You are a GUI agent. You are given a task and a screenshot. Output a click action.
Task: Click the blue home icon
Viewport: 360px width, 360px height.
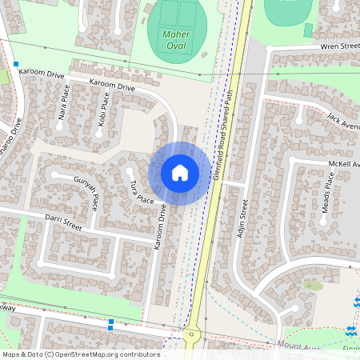pos(180,173)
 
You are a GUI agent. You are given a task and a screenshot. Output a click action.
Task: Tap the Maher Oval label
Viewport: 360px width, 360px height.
pos(176,40)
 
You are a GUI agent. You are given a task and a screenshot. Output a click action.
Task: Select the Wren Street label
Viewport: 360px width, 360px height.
pos(340,47)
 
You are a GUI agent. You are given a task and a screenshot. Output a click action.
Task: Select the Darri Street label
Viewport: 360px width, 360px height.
pos(63,222)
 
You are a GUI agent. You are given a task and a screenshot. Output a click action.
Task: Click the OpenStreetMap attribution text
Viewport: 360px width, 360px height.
pos(81,354)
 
